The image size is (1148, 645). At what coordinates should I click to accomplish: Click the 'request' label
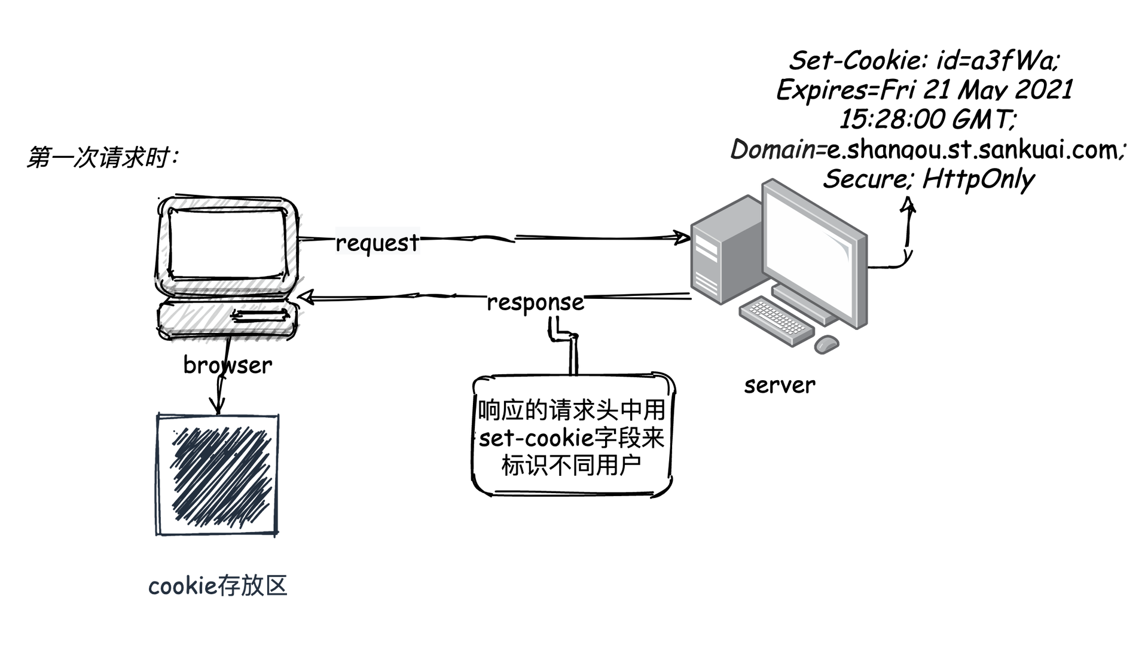[x=377, y=242]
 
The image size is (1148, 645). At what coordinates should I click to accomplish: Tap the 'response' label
[x=535, y=302]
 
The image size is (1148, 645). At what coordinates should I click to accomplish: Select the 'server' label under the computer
[x=780, y=384]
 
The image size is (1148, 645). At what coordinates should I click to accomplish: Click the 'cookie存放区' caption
[x=218, y=586]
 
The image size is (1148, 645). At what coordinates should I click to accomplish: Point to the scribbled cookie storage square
[x=218, y=475]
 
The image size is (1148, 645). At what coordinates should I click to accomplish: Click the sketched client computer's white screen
[x=225, y=243]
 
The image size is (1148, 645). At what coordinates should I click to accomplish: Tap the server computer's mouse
[x=827, y=344]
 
